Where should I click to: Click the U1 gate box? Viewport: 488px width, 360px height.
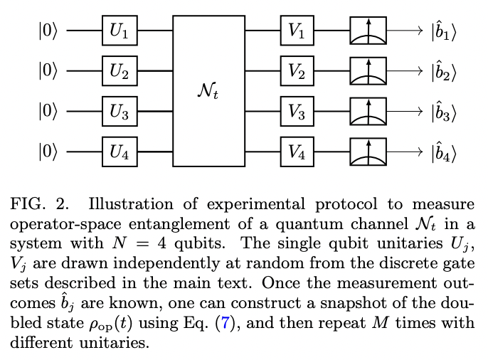(x=120, y=31)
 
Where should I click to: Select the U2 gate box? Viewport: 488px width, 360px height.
(x=120, y=71)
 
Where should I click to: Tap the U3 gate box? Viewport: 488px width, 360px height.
(x=120, y=111)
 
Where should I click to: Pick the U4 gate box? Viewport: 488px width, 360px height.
(x=120, y=152)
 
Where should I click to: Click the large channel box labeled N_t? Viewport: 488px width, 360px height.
(x=208, y=91)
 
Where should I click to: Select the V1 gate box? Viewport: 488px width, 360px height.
(x=297, y=31)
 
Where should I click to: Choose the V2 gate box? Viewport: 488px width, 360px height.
(x=297, y=71)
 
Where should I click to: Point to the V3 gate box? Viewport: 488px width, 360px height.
(x=297, y=111)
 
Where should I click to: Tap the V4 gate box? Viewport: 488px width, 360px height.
(x=297, y=152)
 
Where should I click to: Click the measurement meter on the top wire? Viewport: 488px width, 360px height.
(x=368, y=31)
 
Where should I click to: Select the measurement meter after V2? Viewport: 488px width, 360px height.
(x=368, y=71)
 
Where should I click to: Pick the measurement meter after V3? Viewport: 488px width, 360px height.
(x=368, y=111)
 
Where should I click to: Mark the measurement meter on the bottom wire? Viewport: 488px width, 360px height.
(x=368, y=152)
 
